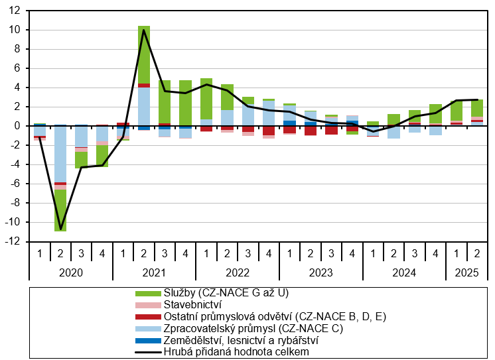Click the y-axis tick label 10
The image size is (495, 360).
[x=15, y=30]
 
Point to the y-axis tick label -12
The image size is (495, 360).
[x=13, y=242]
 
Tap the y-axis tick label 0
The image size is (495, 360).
[x=17, y=126]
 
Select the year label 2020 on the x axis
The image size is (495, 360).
[x=71, y=272]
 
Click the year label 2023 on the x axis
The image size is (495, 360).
[x=320, y=272]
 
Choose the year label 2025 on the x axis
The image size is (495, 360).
[x=466, y=272]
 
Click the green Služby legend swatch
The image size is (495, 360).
[x=148, y=294]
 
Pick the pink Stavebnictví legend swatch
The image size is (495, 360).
[x=148, y=306]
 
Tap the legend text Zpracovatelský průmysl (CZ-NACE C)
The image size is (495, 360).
[x=253, y=329]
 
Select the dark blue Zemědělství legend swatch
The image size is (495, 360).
[x=148, y=341]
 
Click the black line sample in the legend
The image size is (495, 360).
[x=148, y=352]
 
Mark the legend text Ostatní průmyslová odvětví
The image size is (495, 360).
[x=230, y=316]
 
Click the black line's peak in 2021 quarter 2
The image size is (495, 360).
[x=143, y=30]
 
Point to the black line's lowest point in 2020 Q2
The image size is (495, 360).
[x=60, y=229]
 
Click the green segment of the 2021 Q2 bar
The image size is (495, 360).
[x=144, y=55]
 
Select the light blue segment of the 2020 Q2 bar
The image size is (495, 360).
[x=60, y=154]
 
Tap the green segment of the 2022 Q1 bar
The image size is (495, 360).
[x=206, y=99]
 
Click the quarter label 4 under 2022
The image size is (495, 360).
[x=269, y=253]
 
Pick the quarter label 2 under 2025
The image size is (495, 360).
[x=477, y=253]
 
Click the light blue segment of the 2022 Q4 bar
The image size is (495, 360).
[x=269, y=113]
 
